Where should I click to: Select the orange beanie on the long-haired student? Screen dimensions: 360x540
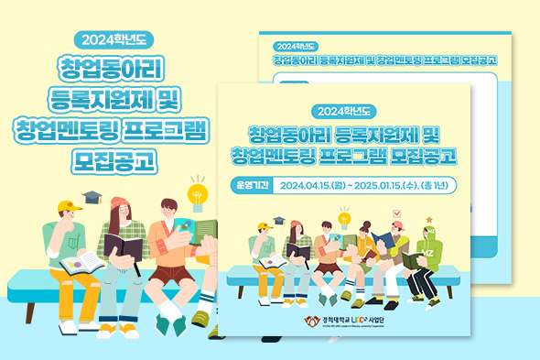tap(120, 203)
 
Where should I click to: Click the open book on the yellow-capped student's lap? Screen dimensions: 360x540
tap(81, 264)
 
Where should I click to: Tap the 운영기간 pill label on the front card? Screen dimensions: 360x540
tap(252, 185)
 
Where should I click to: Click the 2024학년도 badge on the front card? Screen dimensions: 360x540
tap(344, 112)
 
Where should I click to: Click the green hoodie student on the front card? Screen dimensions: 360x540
tap(424, 256)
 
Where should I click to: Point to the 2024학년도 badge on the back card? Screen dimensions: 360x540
tap(294, 43)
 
